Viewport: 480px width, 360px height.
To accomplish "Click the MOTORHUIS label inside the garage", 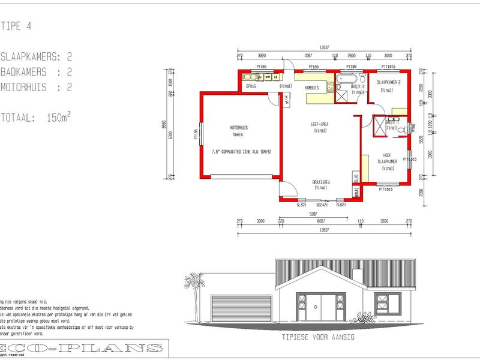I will (239, 128).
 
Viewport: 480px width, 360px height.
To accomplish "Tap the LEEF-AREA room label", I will (319, 124).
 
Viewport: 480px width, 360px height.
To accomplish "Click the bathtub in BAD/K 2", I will (348, 79).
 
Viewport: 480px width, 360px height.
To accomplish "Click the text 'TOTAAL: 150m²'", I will (36, 118).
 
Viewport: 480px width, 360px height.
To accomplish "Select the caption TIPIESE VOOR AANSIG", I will (319, 337).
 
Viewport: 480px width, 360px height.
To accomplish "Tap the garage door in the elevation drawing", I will (236, 311).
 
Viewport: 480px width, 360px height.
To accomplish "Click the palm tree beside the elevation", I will (194, 288).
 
